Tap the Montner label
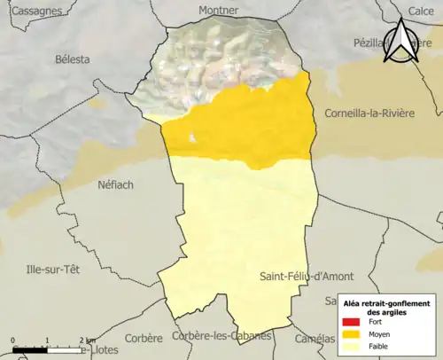(219, 11)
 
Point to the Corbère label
(144, 338)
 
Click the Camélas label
(316, 338)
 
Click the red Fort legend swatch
(352, 322)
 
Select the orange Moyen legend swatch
(352, 334)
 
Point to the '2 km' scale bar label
(87, 340)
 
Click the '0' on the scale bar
(14, 340)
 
